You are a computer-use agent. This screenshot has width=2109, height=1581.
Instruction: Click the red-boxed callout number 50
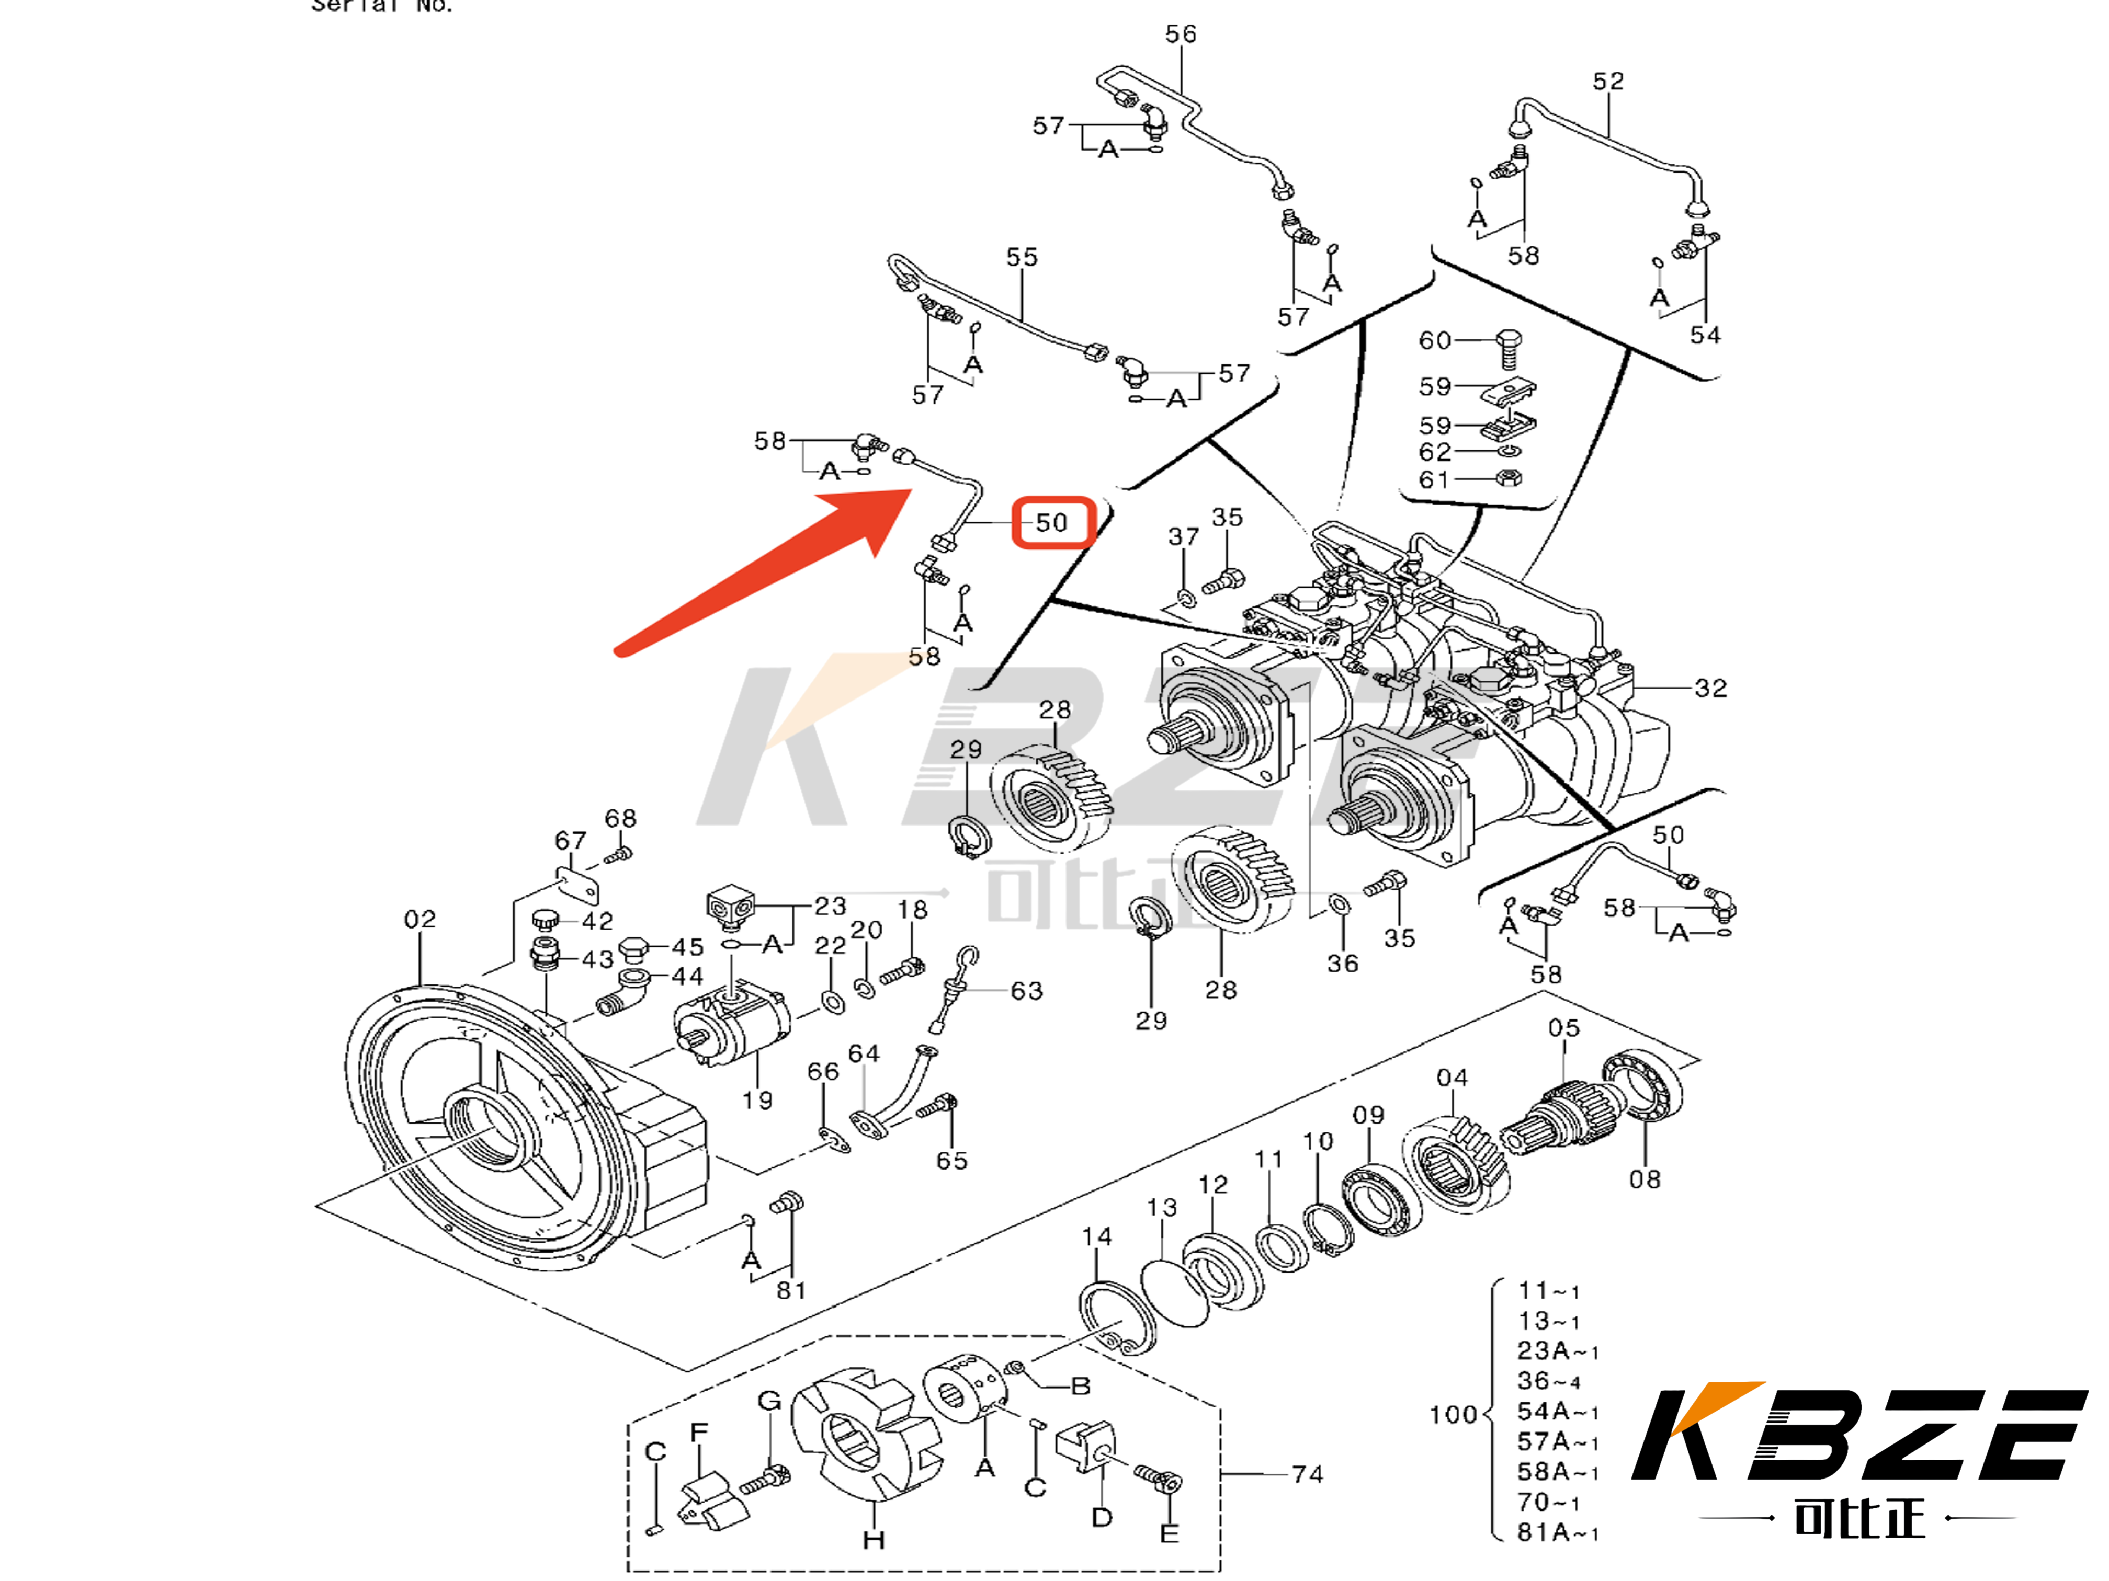(x=1052, y=522)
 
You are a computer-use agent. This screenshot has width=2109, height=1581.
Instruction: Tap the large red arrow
(x=763, y=572)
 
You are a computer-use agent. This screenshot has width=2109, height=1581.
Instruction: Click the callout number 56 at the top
(x=1181, y=35)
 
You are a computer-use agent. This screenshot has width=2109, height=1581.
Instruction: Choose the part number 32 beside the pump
(x=1710, y=688)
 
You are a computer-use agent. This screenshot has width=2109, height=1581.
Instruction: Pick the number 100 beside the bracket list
(x=1452, y=1414)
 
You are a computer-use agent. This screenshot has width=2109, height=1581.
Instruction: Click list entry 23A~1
(x=1557, y=1350)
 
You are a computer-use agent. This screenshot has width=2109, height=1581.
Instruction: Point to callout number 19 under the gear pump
(x=757, y=1101)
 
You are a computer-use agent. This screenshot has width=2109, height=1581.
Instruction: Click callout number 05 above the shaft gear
(x=1563, y=1028)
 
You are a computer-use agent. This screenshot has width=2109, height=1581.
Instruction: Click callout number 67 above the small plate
(x=570, y=841)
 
